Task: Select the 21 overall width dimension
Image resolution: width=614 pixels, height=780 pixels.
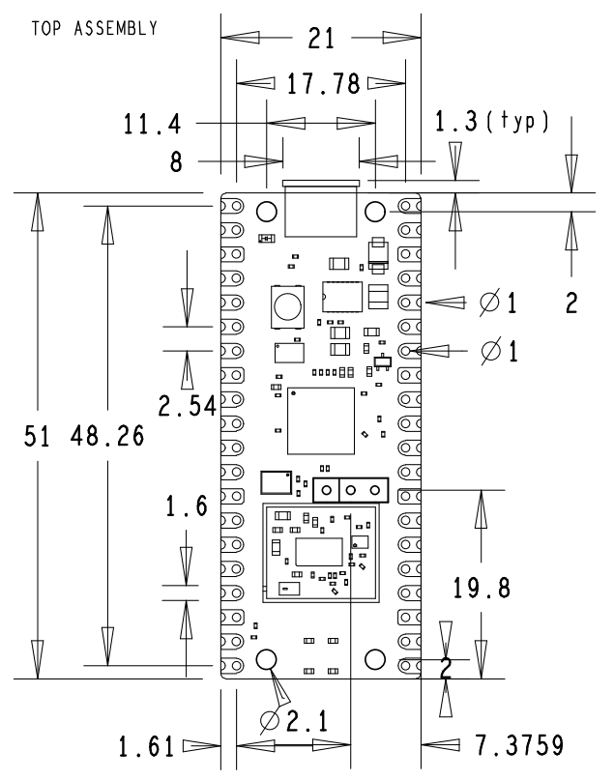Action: (321, 39)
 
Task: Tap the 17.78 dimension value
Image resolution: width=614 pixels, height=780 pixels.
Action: (323, 84)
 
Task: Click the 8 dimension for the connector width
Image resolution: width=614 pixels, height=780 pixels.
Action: (177, 162)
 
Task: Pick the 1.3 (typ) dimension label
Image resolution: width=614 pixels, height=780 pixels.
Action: (491, 123)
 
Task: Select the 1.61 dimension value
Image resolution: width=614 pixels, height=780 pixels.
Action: (146, 747)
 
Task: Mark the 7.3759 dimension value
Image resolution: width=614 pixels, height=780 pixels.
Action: (518, 747)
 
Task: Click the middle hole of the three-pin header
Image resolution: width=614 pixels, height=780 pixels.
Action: (350, 490)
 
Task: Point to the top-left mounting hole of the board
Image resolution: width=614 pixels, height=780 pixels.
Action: (267, 212)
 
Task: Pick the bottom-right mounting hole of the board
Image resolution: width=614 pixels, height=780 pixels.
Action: (376, 659)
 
